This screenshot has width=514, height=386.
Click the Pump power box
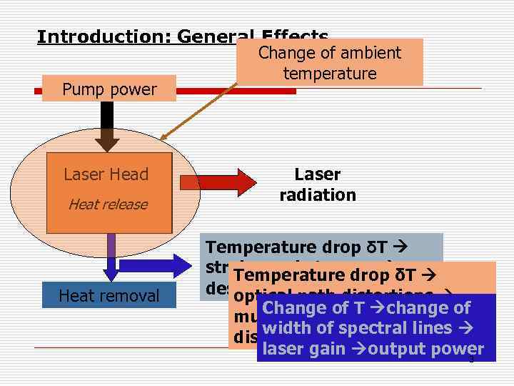click(x=109, y=89)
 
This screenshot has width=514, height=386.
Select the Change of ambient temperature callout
click(x=330, y=63)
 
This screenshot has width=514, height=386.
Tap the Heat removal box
click(x=109, y=295)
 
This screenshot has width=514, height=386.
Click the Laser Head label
click(x=106, y=174)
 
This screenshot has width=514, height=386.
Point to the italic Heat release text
click(x=107, y=204)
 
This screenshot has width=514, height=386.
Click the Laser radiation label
click(x=318, y=184)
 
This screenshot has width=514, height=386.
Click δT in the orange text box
click(x=403, y=275)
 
